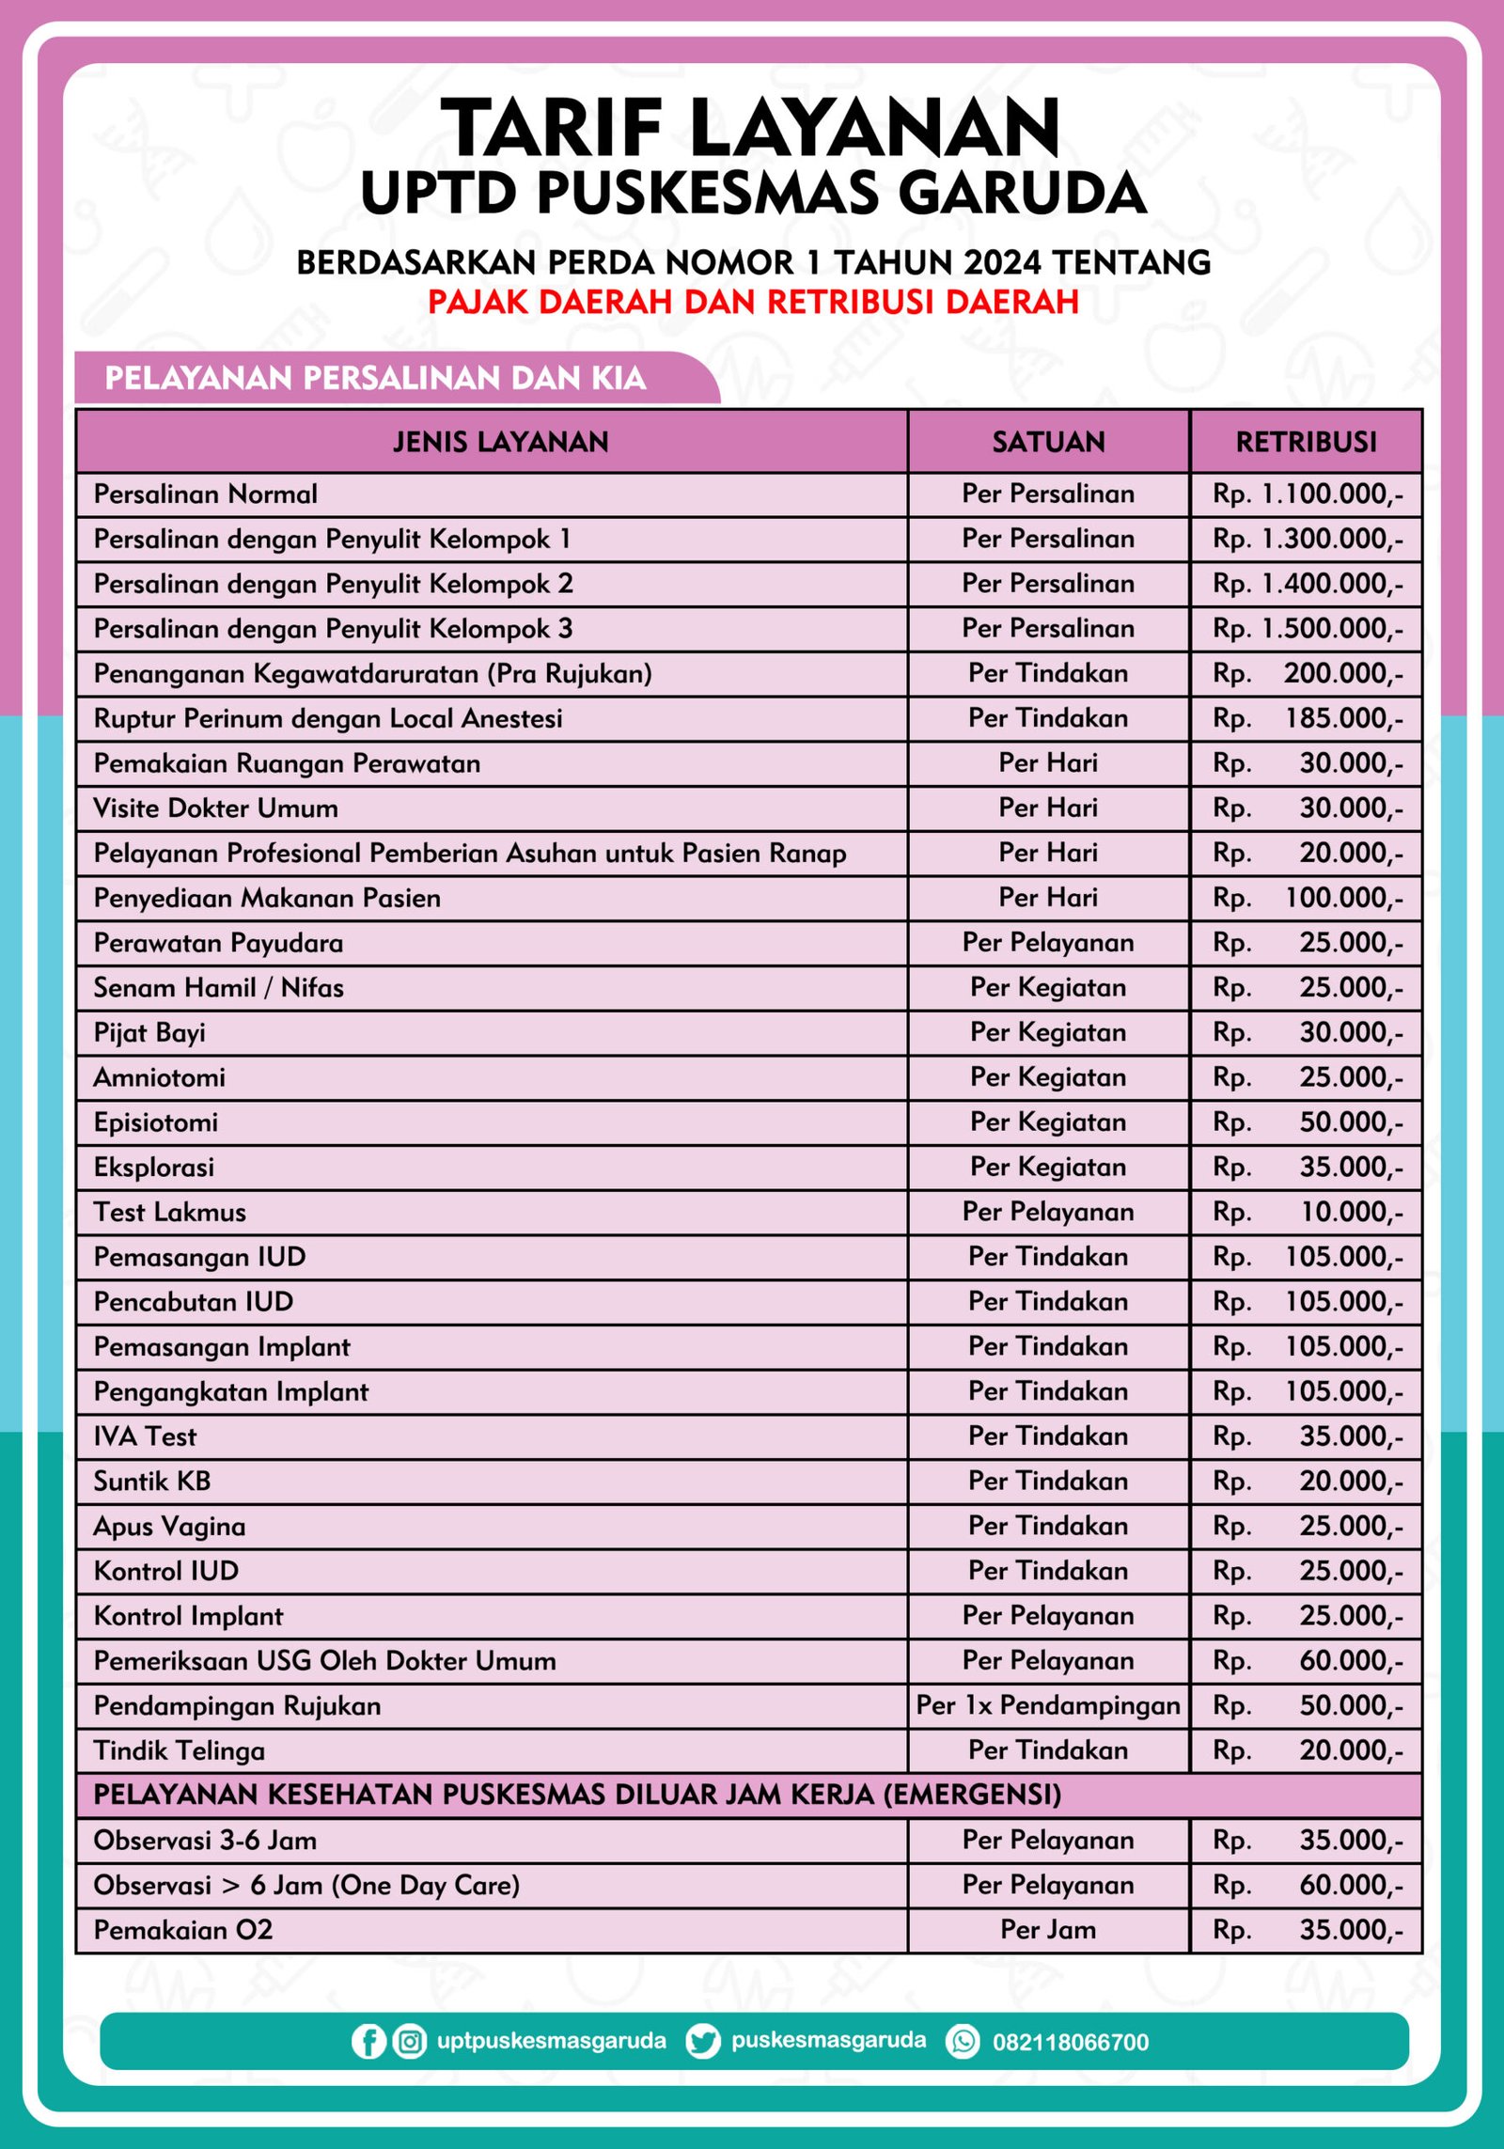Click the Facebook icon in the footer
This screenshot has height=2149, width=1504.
368,2041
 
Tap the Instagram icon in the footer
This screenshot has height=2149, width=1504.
409,2041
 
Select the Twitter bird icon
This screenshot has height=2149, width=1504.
702,2041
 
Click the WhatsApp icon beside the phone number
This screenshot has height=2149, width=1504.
963,2041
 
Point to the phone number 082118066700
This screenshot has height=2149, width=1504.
1071,2042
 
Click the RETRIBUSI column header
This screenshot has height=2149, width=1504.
1306,442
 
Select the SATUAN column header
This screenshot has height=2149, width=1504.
1048,442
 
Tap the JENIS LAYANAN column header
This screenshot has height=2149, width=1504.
500,442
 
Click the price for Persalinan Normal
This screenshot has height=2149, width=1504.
1308,494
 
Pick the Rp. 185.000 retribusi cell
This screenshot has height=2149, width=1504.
1308,718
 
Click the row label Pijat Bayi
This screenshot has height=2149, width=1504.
149,1032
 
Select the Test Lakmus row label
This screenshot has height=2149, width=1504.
170,1212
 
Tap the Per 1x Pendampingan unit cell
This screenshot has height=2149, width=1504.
1048,1705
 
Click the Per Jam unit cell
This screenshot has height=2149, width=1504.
1048,1929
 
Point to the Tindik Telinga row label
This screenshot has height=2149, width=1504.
180,1750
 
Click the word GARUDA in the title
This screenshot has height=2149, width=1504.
1022,193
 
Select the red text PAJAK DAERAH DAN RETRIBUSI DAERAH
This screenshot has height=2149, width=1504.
753,302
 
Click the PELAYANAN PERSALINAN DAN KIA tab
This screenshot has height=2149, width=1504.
376,378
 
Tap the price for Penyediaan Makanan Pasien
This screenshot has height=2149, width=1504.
1308,898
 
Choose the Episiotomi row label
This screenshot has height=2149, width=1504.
156,1122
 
